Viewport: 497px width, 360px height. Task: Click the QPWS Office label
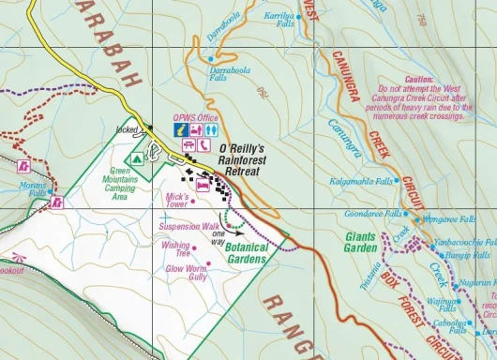tap(196, 117)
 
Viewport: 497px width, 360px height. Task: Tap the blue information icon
tap(177, 133)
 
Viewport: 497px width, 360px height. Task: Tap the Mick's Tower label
tap(177, 200)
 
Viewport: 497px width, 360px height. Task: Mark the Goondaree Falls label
tap(358, 214)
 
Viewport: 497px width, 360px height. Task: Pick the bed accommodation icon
tap(202, 187)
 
